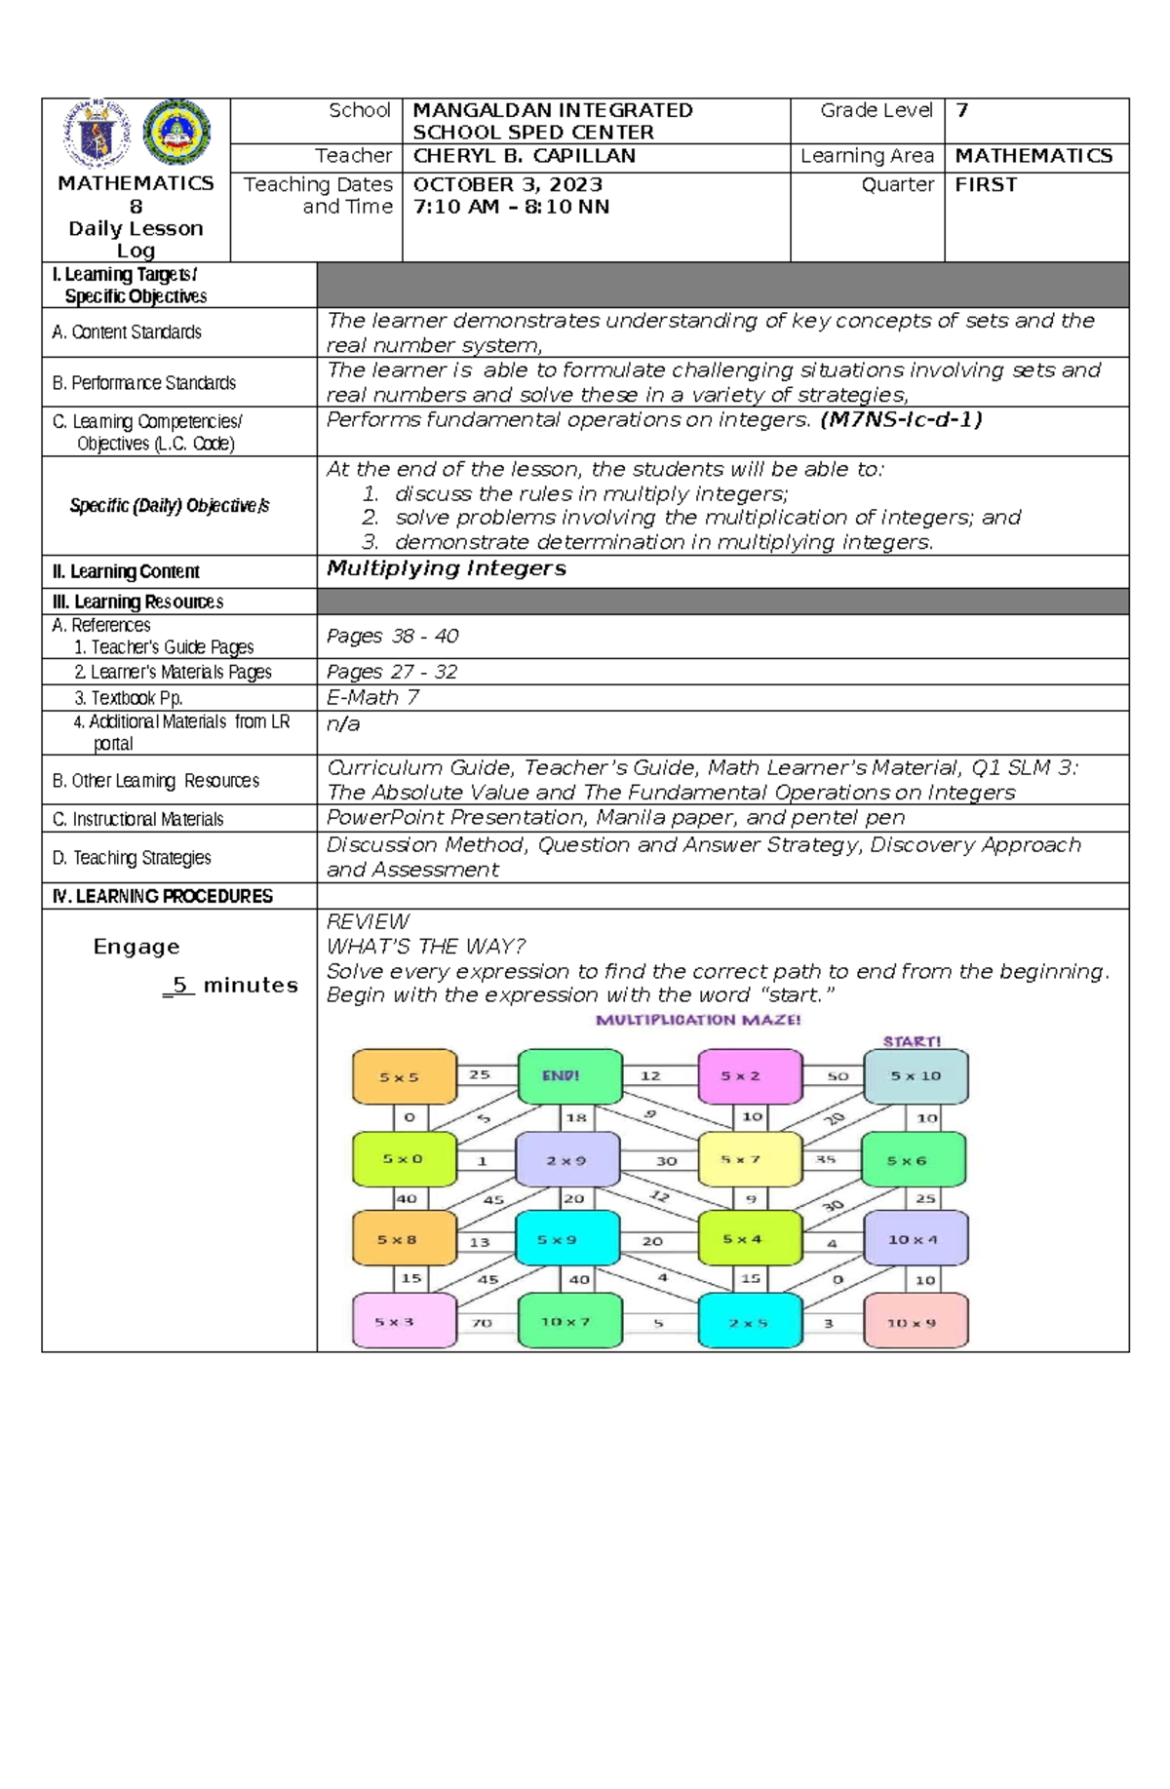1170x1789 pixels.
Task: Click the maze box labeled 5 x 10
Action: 916,1076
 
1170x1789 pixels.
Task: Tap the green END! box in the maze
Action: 569,1076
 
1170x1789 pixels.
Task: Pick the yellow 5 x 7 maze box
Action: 750,1159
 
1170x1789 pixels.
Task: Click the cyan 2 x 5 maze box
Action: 750,1322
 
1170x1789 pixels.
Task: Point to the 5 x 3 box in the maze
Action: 404,1322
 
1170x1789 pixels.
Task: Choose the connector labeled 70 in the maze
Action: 482,1323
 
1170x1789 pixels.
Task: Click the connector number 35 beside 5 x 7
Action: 826,1159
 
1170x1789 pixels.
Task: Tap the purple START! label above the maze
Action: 912,1041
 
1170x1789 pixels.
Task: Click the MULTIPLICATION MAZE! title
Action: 698,1020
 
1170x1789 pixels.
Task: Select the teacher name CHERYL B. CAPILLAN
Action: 525,156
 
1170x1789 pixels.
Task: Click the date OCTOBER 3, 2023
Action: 508,184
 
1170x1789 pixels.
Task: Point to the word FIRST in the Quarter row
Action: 986,184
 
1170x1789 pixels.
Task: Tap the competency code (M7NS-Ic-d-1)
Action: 900,419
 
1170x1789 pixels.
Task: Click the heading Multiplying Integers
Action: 446,568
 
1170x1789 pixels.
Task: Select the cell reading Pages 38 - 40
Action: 392,636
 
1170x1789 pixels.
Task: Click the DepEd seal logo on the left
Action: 97,134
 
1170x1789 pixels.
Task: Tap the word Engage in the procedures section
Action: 136,947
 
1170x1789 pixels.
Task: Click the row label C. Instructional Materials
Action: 137,819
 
